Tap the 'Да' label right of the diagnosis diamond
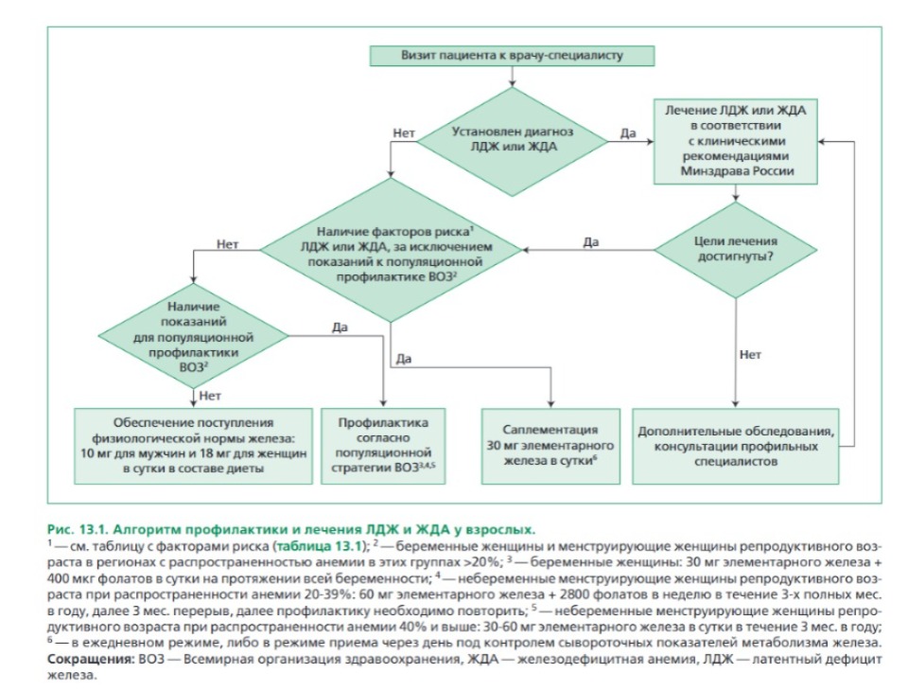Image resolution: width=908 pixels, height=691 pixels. pyautogui.click(x=627, y=133)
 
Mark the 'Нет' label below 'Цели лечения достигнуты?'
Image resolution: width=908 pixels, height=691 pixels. pyautogui.click(x=749, y=356)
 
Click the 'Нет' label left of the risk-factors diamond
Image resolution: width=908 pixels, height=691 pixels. pyautogui.click(x=227, y=243)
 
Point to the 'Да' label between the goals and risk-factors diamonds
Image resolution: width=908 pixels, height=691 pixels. pyautogui.click(x=591, y=242)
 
